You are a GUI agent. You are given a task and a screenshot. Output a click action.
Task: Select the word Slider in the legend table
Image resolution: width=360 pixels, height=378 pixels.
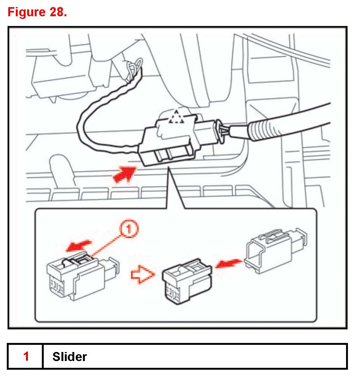point(70,356)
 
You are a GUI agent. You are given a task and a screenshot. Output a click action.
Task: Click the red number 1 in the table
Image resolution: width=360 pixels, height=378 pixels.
point(26,356)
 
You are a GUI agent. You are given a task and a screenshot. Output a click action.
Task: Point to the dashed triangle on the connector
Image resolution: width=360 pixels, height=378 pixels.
point(175,118)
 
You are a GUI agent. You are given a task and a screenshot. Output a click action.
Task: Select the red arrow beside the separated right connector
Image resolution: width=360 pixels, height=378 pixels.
point(227,263)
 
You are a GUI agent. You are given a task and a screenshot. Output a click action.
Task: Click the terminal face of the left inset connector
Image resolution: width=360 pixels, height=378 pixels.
point(57,288)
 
